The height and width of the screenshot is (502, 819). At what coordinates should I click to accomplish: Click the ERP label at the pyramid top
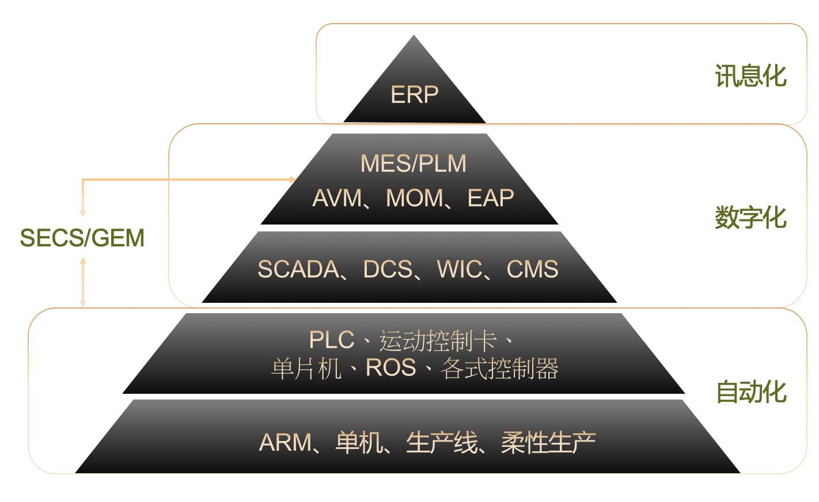click(x=414, y=95)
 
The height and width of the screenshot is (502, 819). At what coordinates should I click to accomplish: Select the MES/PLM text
click(x=413, y=163)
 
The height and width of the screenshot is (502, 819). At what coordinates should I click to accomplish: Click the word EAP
click(x=491, y=199)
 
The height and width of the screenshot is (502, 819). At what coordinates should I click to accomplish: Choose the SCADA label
click(x=298, y=269)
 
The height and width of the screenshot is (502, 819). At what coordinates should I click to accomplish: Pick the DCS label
click(x=388, y=269)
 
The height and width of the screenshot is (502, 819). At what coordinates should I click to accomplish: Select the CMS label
click(x=532, y=269)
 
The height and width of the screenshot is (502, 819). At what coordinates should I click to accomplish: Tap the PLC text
click(x=331, y=340)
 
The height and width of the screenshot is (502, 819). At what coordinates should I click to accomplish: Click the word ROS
click(x=390, y=368)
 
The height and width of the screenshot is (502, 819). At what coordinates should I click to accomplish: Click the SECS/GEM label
click(x=82, y=238)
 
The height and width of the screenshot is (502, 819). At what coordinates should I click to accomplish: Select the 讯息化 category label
click(x=750, y=76)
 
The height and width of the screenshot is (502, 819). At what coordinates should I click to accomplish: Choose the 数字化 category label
click(x=750, y=218)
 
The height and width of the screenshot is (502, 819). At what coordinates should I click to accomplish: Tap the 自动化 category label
click(x=751, y=392)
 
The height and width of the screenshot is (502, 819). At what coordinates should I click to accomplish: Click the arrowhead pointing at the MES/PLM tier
click(x=293, y=180)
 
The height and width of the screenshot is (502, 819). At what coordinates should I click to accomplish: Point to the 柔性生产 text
click(x=548, y=443)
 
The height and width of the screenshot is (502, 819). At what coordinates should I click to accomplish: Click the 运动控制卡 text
click(x=438, y=341)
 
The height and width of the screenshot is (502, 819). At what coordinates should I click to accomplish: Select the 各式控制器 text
click(x=499, y=368)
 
